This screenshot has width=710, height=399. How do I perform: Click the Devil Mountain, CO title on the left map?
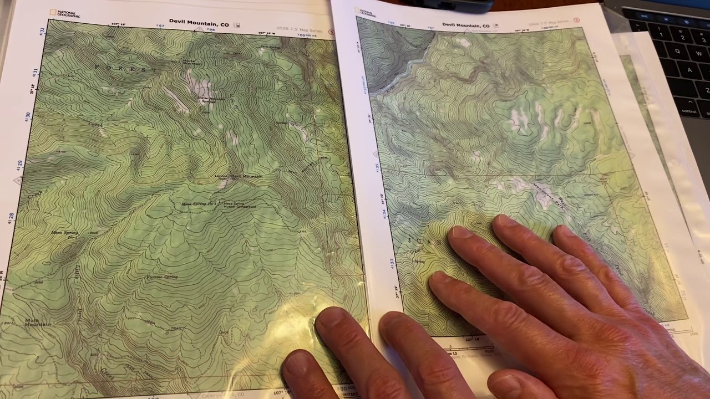[199, 24]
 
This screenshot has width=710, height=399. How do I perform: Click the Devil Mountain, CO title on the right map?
[466, 25]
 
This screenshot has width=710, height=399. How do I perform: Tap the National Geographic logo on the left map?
[65, 13]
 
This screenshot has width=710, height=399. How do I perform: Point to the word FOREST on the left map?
[126, 69]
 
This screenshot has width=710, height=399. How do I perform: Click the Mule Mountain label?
[38, 322]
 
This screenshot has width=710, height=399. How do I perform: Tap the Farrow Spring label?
[162, 277]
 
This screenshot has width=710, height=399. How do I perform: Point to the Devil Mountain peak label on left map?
[246, 176]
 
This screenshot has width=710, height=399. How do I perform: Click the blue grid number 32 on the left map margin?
[42, 32]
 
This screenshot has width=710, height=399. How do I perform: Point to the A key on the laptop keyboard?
[689, 70]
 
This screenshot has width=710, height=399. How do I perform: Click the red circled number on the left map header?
[331, 32]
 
